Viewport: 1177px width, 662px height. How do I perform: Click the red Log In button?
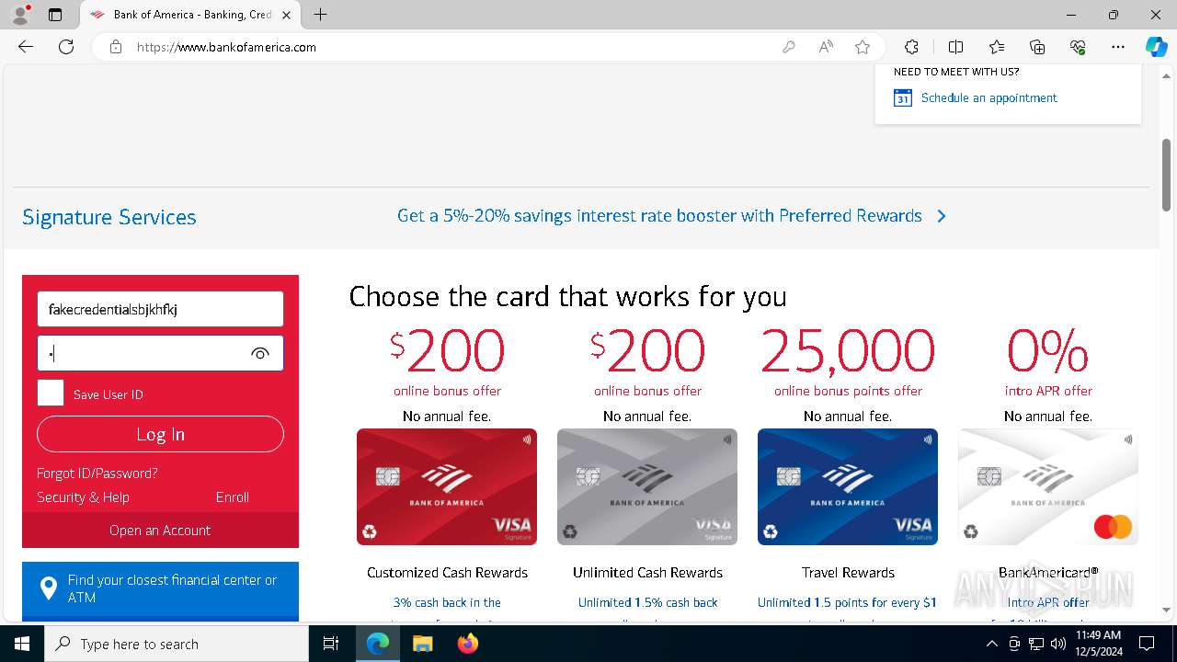tap(160, 434)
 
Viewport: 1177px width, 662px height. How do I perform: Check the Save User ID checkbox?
tap(51, 394)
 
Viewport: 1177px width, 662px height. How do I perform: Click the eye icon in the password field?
tap(260, 353)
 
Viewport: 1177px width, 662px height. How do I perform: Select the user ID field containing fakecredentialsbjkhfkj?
tap(160, 309)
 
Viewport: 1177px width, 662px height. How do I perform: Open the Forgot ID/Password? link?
tap(97, 473)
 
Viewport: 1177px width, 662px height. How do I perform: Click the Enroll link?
tap(232, 496)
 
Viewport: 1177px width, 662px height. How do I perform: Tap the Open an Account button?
tap(160, 530)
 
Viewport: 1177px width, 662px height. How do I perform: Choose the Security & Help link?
tap(83, 496)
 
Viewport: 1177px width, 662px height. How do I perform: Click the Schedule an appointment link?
tap(988, 97)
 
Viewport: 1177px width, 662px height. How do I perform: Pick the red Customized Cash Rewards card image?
tap(447, 486)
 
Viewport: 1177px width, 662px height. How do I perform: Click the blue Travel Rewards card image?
tap(848, 486)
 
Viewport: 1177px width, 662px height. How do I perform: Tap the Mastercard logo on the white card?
tap(1113, 527)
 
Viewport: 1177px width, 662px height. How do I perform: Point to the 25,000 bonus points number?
tap(848, 351)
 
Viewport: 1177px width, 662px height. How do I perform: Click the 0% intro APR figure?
tap(1048, 351)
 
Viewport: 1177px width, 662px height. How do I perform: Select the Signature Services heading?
tap(109, 217)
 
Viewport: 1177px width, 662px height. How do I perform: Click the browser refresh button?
tap(66, 47)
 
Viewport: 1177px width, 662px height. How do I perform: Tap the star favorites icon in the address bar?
tap(863, 47)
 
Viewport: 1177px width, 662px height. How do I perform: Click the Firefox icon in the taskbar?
tap(468, 644)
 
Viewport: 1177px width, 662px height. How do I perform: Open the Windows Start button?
tap(22, 644)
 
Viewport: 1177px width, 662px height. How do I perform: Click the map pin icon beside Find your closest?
tap(49, 588)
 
